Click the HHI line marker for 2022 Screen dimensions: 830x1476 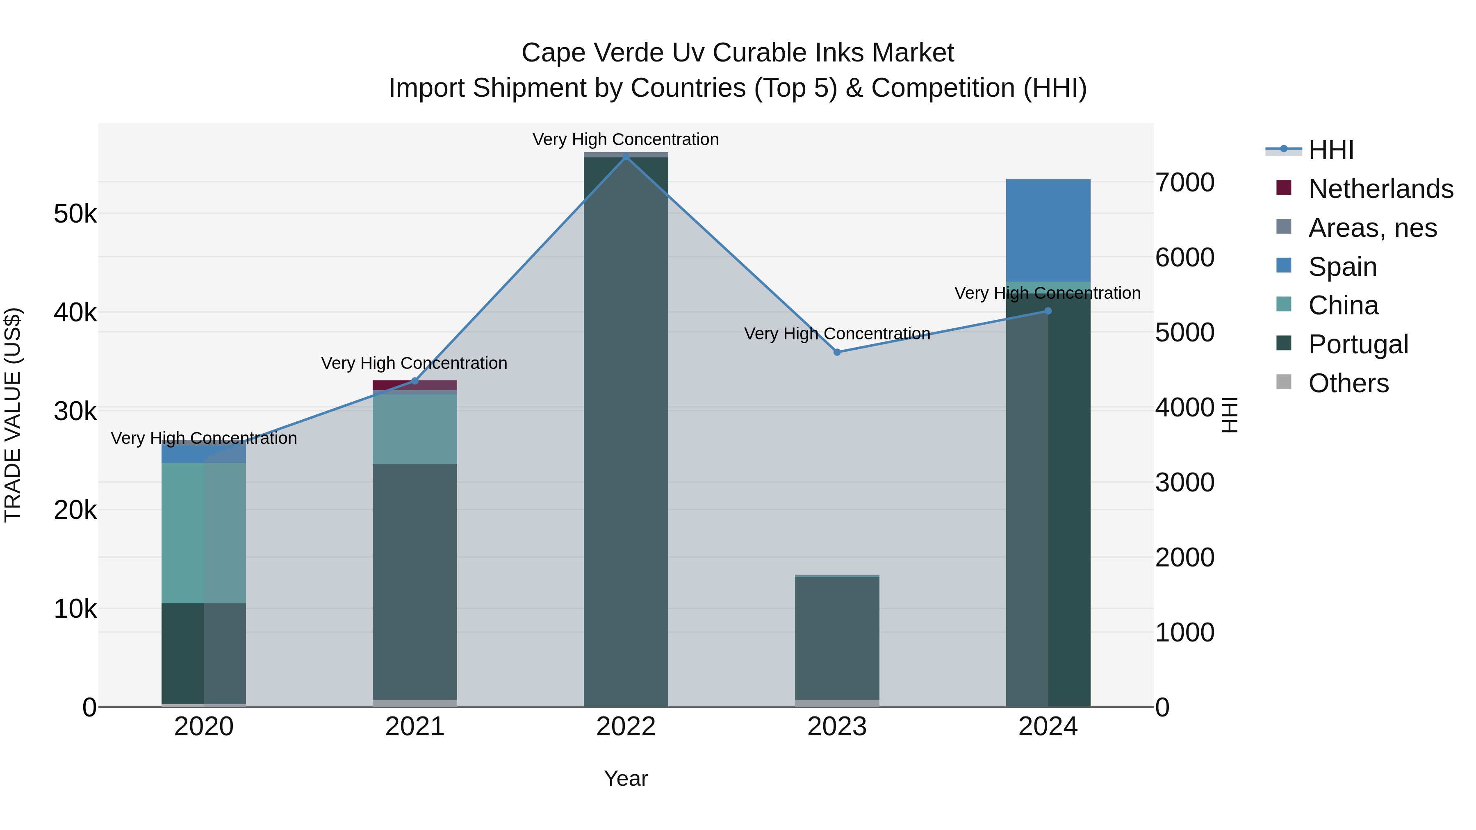626,157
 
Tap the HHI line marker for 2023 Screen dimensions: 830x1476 836,352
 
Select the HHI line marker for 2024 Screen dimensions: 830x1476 1048,311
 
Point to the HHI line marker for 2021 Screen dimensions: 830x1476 415,381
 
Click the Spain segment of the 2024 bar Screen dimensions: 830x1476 1048,231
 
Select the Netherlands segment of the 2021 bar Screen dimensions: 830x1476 415,385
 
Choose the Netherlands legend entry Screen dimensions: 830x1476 1380,189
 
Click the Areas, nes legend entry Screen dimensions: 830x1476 1372,228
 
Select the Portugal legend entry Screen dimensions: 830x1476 1358,344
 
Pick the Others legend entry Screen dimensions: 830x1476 1348,383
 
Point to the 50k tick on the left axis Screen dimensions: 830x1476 75,214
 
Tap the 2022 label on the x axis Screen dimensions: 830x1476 626,727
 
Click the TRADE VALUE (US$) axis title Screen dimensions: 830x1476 13,415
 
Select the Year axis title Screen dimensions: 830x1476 626,778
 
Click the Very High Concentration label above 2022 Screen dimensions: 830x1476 626,140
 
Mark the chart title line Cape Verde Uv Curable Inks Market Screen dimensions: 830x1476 738,53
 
